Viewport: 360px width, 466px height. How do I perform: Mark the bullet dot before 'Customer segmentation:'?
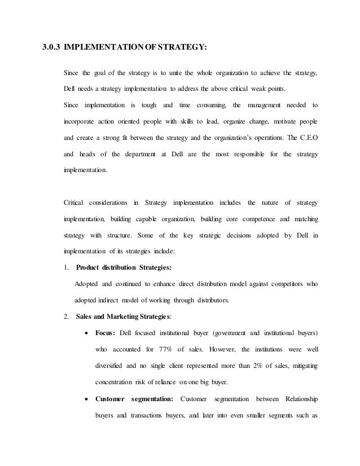[x=86, y=400]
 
